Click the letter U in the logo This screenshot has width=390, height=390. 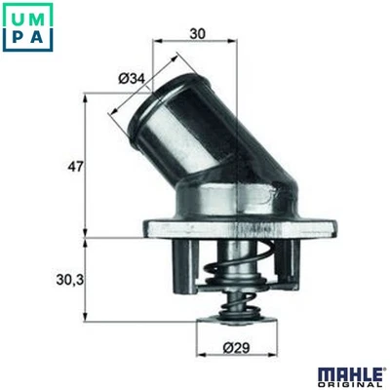pyautogui.click(x=15, y=15)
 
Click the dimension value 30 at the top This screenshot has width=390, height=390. pyautogui.click(x=197, y=32)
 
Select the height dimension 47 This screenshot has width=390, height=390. pyautogui.click(x=73, y=165)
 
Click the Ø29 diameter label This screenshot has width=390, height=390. pyautogui.click(x=233, y=346)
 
